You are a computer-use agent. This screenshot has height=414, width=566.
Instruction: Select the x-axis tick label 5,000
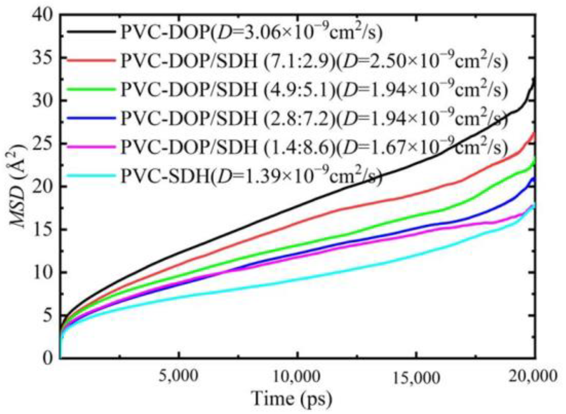179,376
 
